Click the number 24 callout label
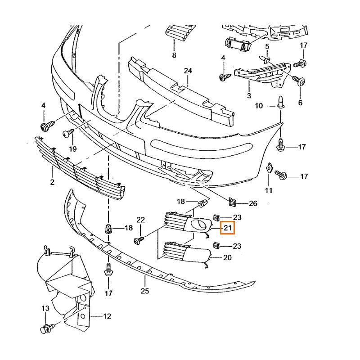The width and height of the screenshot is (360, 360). (x=188, y=71)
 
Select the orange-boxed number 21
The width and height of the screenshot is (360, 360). (x=227, y=229)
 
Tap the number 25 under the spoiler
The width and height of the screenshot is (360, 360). (x=144, y=291)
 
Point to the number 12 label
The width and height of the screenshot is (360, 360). (x=107, y=316)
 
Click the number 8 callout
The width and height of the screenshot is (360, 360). (x=174, y=55)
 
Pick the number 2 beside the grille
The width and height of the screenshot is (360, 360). (x=52, y=182)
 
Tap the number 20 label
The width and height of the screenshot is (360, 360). (x=227, y=258)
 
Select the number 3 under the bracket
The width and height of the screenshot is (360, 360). (x=248, y=95)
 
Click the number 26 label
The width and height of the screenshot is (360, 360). (x=253, y=203)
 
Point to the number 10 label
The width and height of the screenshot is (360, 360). (x=259, y=106)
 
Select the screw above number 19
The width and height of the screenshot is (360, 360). (x=67, y=132)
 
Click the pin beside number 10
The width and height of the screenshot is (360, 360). (x=280, y=103)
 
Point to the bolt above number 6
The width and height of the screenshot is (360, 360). (x=299, y=81)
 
